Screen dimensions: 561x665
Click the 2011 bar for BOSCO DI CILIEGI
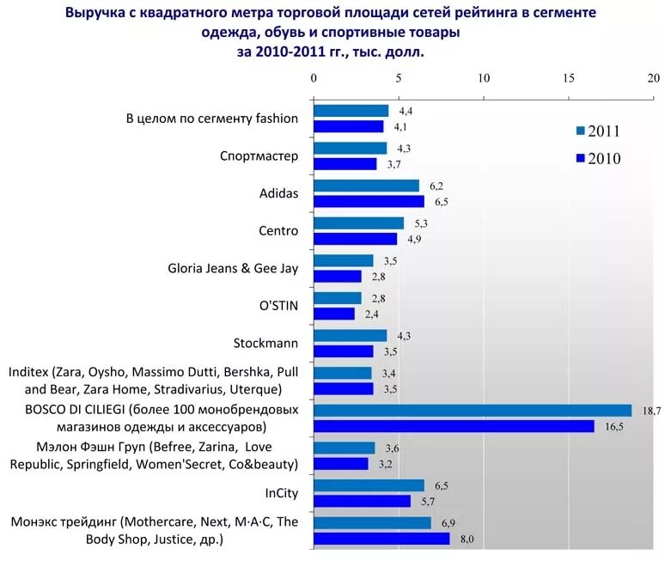(x=473, y=411)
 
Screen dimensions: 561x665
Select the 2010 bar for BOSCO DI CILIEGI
(x=454, y=426)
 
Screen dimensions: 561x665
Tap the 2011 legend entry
(x=598, y=131)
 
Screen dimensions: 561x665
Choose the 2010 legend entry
(x=598, y=158)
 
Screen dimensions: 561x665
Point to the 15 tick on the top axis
(x=568, y=78)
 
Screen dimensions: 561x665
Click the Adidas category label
(x=278, y=193)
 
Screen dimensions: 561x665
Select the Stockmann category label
(x=265, y=343)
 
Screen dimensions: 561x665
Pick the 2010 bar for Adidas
(x=369, y=201)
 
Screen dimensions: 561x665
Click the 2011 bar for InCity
(x=369, y=485)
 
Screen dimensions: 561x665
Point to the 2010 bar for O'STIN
(x=333, y=314)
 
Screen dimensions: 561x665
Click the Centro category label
(x=278, y=231)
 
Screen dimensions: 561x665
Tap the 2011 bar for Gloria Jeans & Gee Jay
(x=343, y=260)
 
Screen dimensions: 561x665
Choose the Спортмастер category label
(x=259, y=156)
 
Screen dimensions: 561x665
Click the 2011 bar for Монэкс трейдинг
(x=372, y=522)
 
